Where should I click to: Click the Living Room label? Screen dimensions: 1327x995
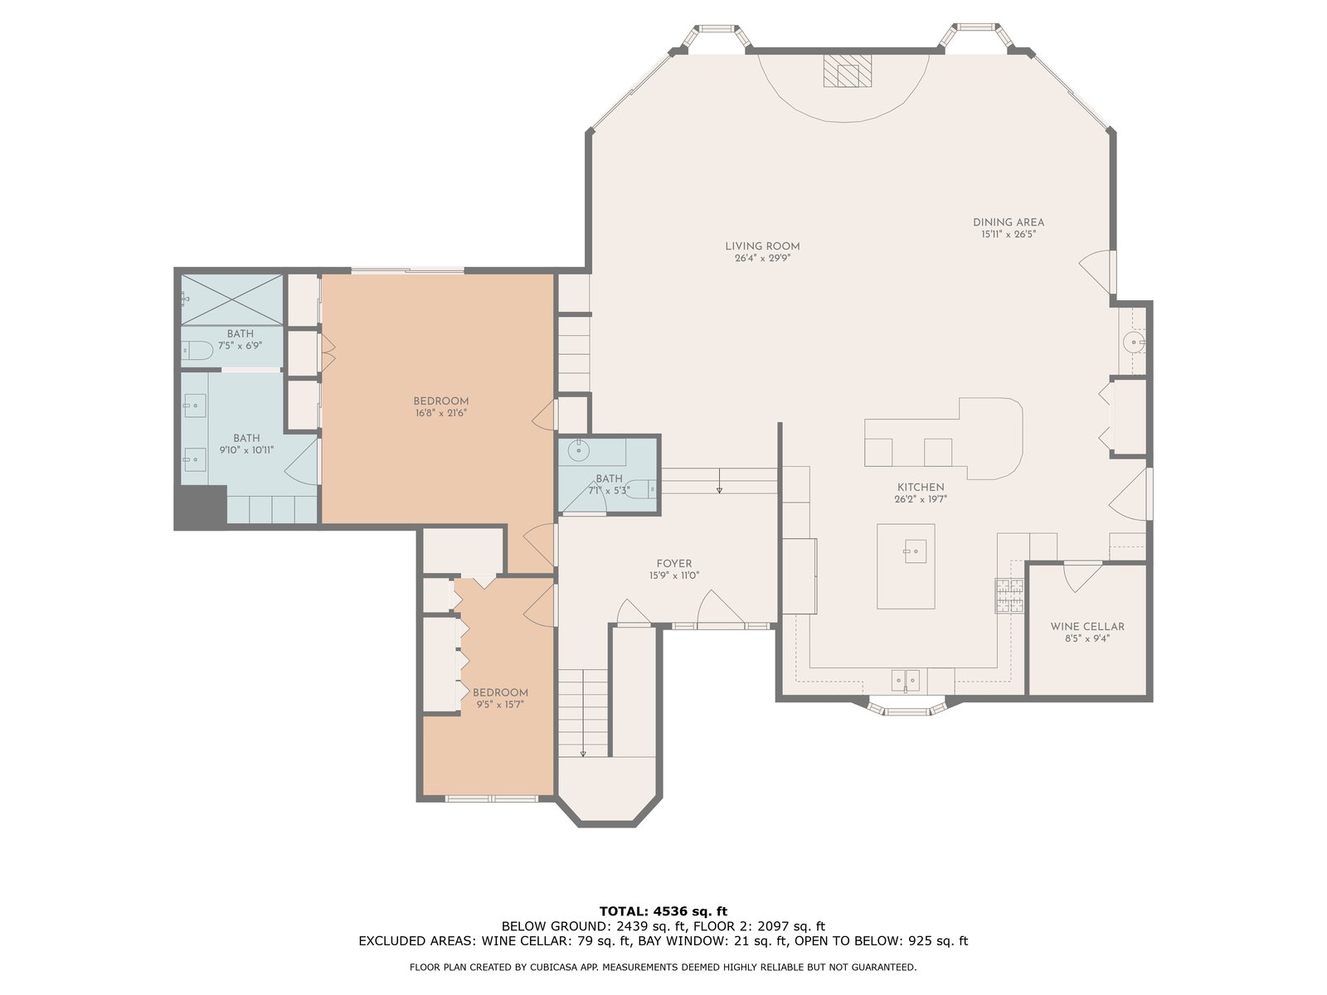762,246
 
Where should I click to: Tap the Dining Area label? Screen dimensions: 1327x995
1009,222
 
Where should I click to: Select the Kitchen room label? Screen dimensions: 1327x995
920,487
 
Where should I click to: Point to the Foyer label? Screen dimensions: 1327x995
674,564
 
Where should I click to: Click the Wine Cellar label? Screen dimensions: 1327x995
1087,627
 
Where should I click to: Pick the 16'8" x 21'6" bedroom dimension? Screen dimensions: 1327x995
440,413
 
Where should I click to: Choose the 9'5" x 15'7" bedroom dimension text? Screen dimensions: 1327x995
499,705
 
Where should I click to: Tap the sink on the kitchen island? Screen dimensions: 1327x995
916,551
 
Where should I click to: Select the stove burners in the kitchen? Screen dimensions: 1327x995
1009,595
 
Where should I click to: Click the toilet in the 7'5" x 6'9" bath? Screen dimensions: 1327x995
197,351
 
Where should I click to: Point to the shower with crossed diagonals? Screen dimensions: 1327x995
232,299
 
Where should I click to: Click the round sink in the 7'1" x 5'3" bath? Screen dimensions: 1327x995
579,451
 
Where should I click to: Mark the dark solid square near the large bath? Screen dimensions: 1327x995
201,507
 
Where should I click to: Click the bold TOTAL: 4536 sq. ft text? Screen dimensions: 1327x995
663,911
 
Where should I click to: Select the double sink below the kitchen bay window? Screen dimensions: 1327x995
906,680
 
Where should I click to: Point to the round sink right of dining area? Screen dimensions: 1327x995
1132,342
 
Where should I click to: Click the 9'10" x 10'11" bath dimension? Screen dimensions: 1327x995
246,450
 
